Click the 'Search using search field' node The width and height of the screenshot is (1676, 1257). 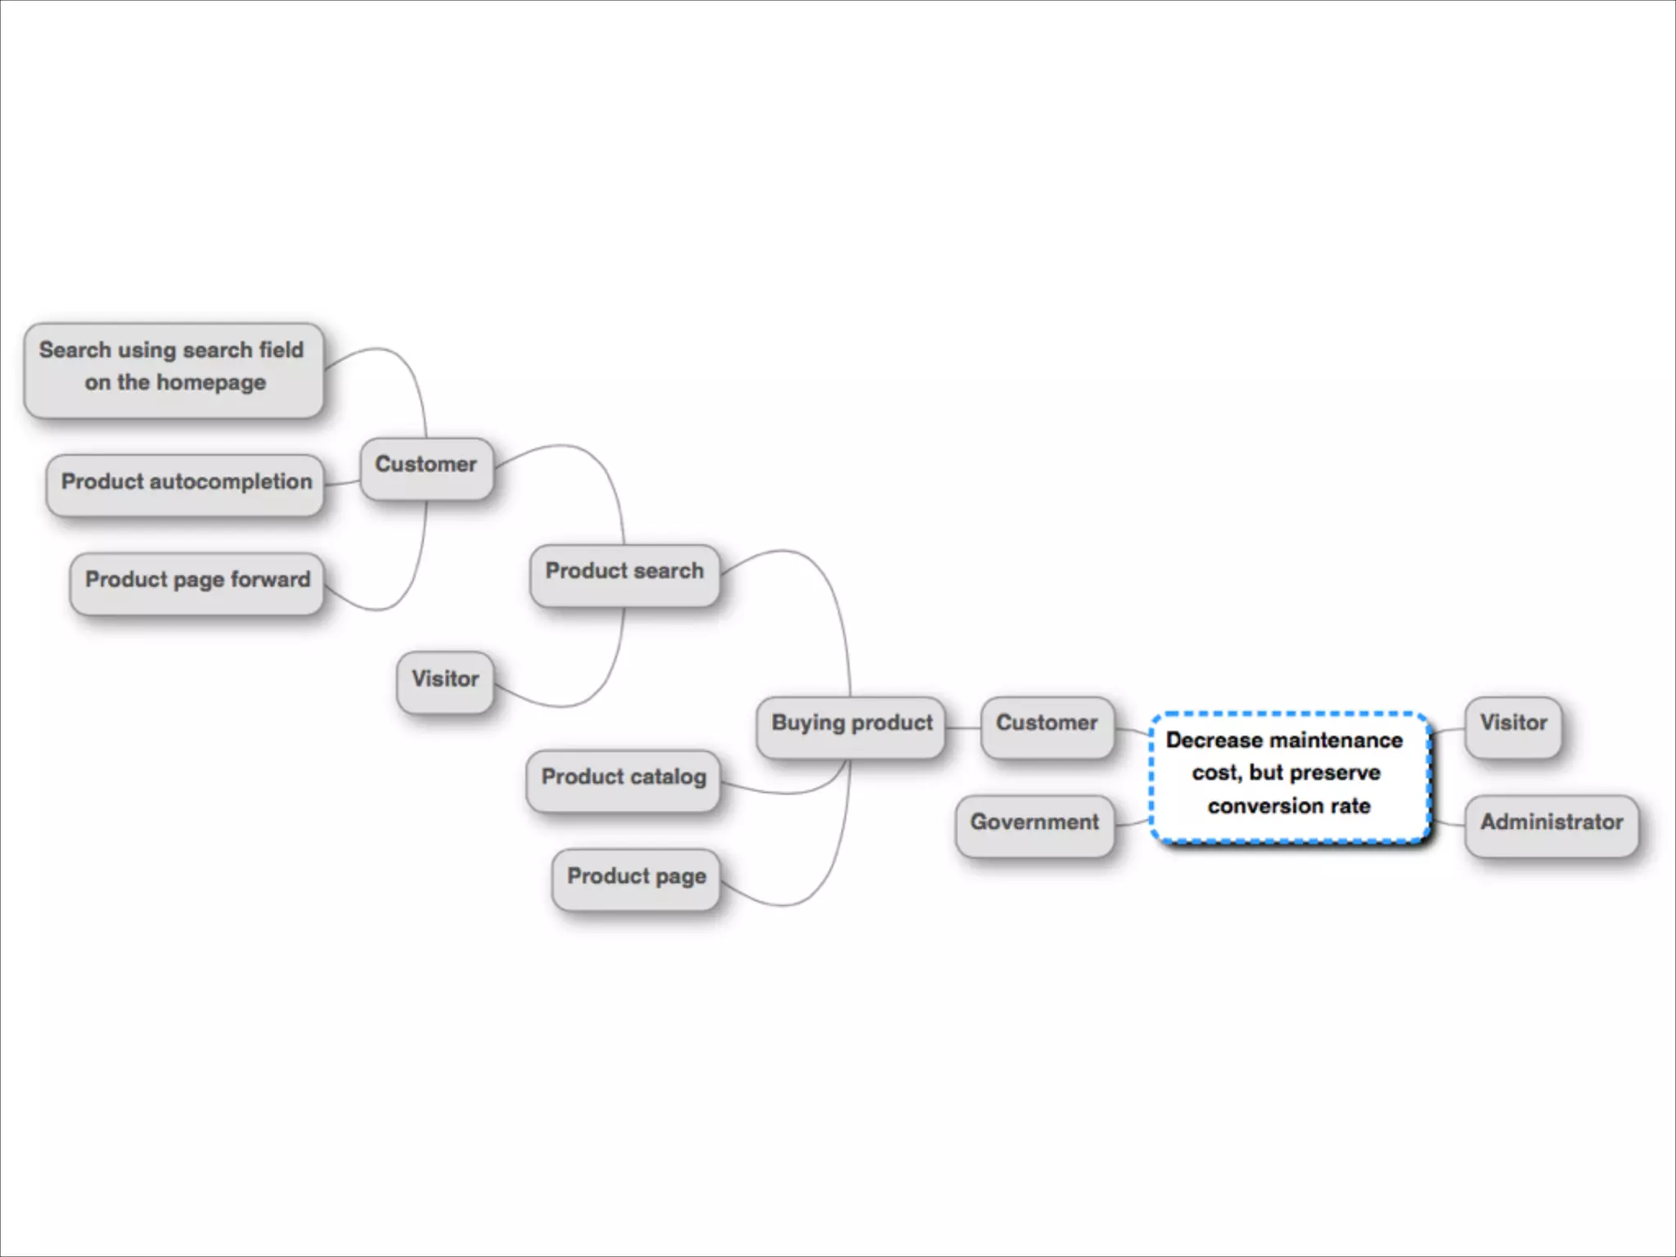point(173,370)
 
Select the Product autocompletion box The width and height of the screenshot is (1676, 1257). point(186,484)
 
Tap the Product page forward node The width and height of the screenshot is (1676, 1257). point(197,583)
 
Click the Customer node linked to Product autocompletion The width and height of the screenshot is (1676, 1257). point(426,467)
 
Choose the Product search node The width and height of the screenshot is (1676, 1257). point(624,574)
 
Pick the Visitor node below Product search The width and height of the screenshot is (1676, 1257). point(445,682)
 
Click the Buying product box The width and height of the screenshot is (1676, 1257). point(851,726)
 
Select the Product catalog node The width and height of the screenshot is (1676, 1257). point(624,780)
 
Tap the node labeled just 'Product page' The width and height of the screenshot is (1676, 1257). point(636,879)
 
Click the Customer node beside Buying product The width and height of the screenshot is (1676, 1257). point(1047,726)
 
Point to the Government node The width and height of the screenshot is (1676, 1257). point(1034,825)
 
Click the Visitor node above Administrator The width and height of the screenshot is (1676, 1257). point(1513,726)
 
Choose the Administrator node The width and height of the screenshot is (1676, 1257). point(1552,825)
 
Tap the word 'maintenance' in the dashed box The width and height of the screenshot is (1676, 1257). point(1336,741)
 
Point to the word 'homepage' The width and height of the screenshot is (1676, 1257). point(211,383)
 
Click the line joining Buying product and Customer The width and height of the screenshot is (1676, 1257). point(963,728)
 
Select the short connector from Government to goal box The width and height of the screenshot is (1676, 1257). point(1133,822)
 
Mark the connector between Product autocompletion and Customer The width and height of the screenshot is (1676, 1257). point(342,484)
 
